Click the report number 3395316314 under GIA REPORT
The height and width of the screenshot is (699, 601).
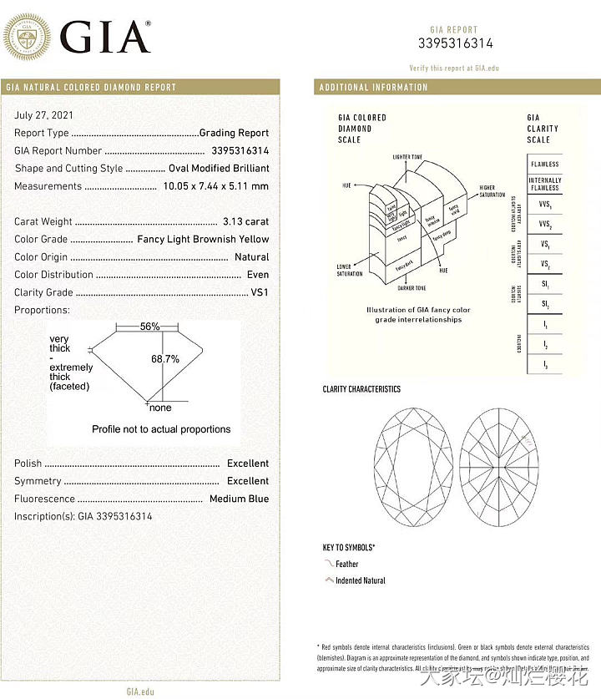point(455,43)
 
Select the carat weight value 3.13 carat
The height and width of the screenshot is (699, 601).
point(245,222)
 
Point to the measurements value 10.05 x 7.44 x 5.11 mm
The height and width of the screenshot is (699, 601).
point(216,186)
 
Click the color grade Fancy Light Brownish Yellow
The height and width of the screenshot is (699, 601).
point(203,240)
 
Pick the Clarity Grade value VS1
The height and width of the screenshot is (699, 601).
point(260,293)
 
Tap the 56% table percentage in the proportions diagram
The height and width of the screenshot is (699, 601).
point(150,327)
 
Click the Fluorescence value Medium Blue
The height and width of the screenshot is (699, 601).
point(239,499)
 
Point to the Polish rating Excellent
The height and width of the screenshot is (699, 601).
point(248,463)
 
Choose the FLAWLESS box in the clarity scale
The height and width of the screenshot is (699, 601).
point(544,165)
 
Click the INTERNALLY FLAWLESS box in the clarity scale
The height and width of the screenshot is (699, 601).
point(544,184)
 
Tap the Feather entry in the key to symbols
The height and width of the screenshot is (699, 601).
point(346,565)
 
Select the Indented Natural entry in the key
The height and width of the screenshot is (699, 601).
point(361,580)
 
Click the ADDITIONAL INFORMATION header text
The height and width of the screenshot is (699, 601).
point(373,88)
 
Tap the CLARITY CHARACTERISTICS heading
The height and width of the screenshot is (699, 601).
point(361,389)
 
